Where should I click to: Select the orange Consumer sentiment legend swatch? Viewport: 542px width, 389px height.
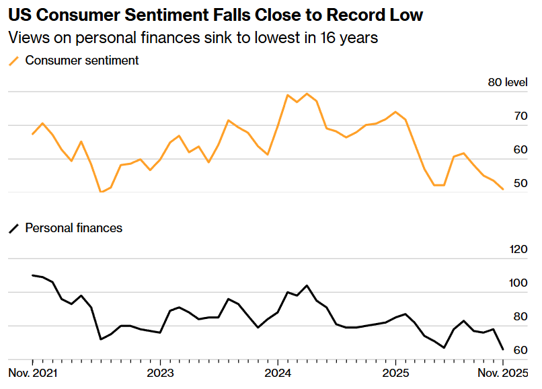13,61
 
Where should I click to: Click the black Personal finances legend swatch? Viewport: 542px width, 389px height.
13,229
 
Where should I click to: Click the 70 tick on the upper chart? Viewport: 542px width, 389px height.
520,116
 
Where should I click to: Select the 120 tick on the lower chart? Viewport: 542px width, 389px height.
518,250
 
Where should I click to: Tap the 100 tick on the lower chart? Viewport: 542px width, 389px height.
518,283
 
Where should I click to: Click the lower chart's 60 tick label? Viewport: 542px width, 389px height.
520,351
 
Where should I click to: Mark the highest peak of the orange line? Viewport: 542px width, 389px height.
307,94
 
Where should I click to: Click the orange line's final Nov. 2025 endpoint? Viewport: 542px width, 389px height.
503,190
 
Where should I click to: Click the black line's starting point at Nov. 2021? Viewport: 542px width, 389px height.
33,275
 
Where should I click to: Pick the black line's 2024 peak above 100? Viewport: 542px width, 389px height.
307,285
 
